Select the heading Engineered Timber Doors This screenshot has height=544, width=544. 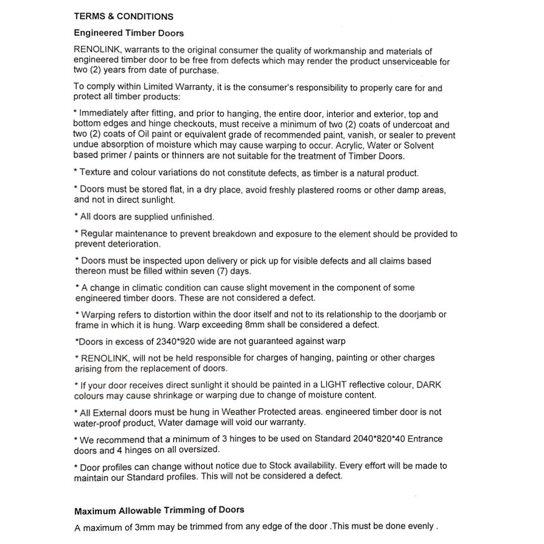(129, 33)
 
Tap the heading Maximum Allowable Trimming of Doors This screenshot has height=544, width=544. (159, 510)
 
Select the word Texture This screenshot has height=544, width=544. (95, 173)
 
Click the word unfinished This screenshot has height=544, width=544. (190, 217)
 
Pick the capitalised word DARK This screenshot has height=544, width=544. (429, 385)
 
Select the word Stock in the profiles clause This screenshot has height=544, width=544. (281, 465)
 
